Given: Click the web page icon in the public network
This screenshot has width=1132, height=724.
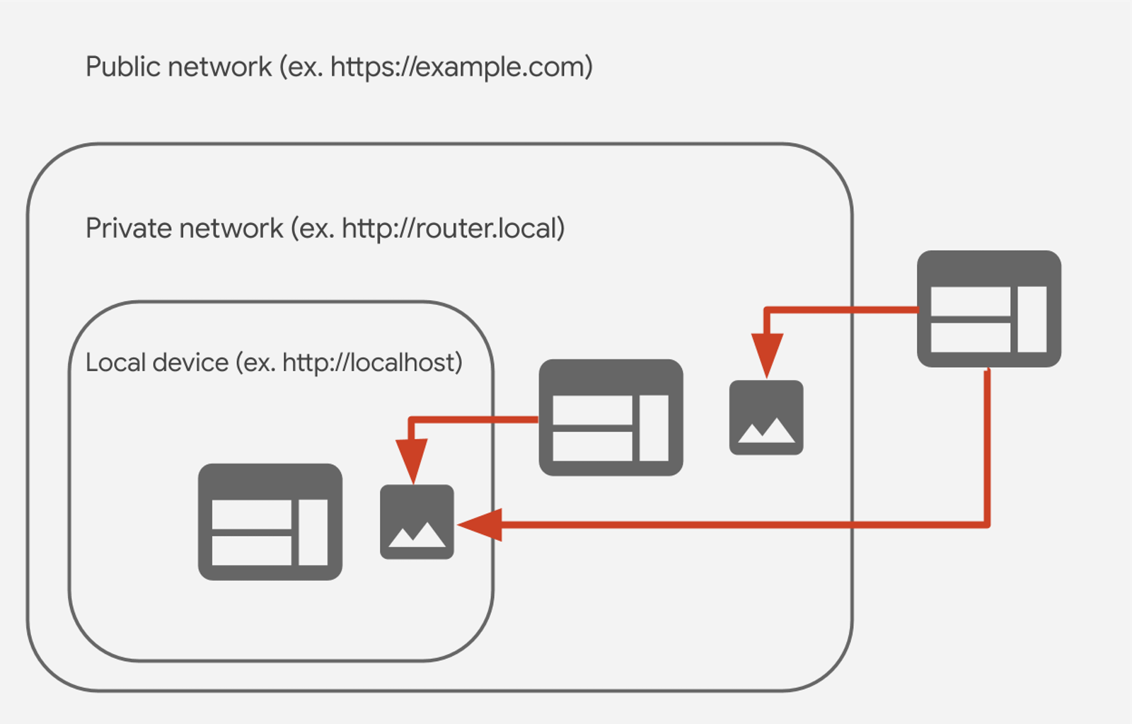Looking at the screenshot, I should pyautogui.click(x=988, y=309).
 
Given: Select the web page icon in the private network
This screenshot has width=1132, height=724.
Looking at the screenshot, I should pyautogui.click(x=611, y=418).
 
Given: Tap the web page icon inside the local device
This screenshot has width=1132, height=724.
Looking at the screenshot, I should pyautogui.click(x=270, y=522).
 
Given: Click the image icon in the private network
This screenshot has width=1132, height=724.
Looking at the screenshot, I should pyautogui.click(x=766, y=418).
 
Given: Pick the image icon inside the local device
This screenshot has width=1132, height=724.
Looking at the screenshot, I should pyautogui.click(x=417, y=522).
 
